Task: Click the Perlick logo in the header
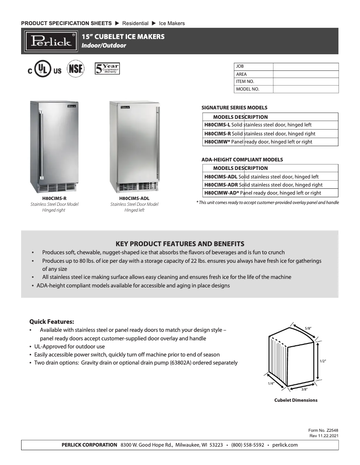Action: (50, 41)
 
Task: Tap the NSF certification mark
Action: (75, 70)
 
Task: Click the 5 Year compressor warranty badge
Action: (106, 70)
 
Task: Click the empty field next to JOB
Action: (305, 66)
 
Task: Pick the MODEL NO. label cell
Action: (253, 89)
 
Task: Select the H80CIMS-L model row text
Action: (258, 125)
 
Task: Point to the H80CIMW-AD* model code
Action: (222, 193)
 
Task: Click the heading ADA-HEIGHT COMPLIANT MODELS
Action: (242, 160)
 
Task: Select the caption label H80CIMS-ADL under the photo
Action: (134, 198)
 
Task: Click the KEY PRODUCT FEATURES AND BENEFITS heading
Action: (180, 244)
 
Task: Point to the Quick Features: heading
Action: (52, 322)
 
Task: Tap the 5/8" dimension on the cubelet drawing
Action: (308, 328)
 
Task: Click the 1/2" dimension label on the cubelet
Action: (322, 361)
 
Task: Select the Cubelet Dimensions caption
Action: (296, 400)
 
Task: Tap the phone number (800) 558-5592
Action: (247, 445)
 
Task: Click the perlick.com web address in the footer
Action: (285, 445)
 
